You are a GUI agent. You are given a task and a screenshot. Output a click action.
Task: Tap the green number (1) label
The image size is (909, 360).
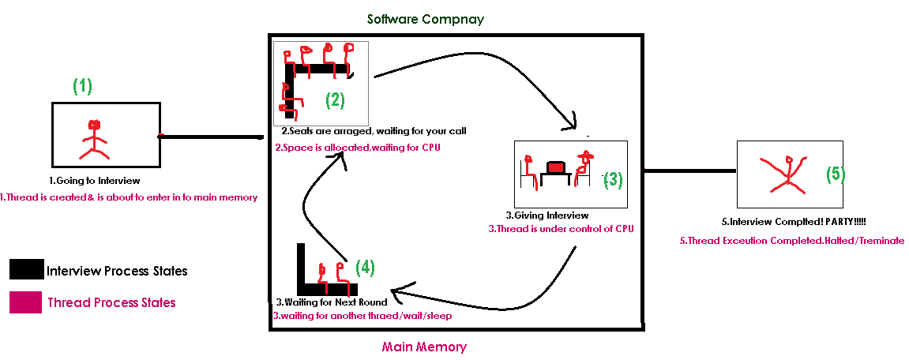point(82,86)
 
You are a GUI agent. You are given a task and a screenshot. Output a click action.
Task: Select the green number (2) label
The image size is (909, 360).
point(336,100)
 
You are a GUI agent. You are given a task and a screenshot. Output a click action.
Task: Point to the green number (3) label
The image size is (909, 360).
point(613,180)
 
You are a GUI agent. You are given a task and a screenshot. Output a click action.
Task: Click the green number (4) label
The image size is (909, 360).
point(364,267)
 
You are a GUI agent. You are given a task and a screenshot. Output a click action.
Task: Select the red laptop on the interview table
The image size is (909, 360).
point(556,167)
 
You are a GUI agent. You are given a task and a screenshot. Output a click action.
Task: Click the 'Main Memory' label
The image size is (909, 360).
point(424,347)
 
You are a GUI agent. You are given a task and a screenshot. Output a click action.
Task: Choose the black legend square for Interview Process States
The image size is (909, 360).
point(26,270)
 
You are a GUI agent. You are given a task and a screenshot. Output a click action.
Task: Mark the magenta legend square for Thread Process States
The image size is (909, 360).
point(26,302)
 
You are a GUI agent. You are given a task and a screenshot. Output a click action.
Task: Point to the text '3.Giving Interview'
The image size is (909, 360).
point(547,215)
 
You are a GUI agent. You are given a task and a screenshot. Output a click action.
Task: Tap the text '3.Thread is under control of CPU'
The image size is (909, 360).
point(560,229)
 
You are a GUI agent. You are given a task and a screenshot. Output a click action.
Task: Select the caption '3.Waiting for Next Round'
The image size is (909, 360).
point(332,302)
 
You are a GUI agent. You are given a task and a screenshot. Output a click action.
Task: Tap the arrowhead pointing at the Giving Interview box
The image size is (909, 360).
point(573,123)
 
